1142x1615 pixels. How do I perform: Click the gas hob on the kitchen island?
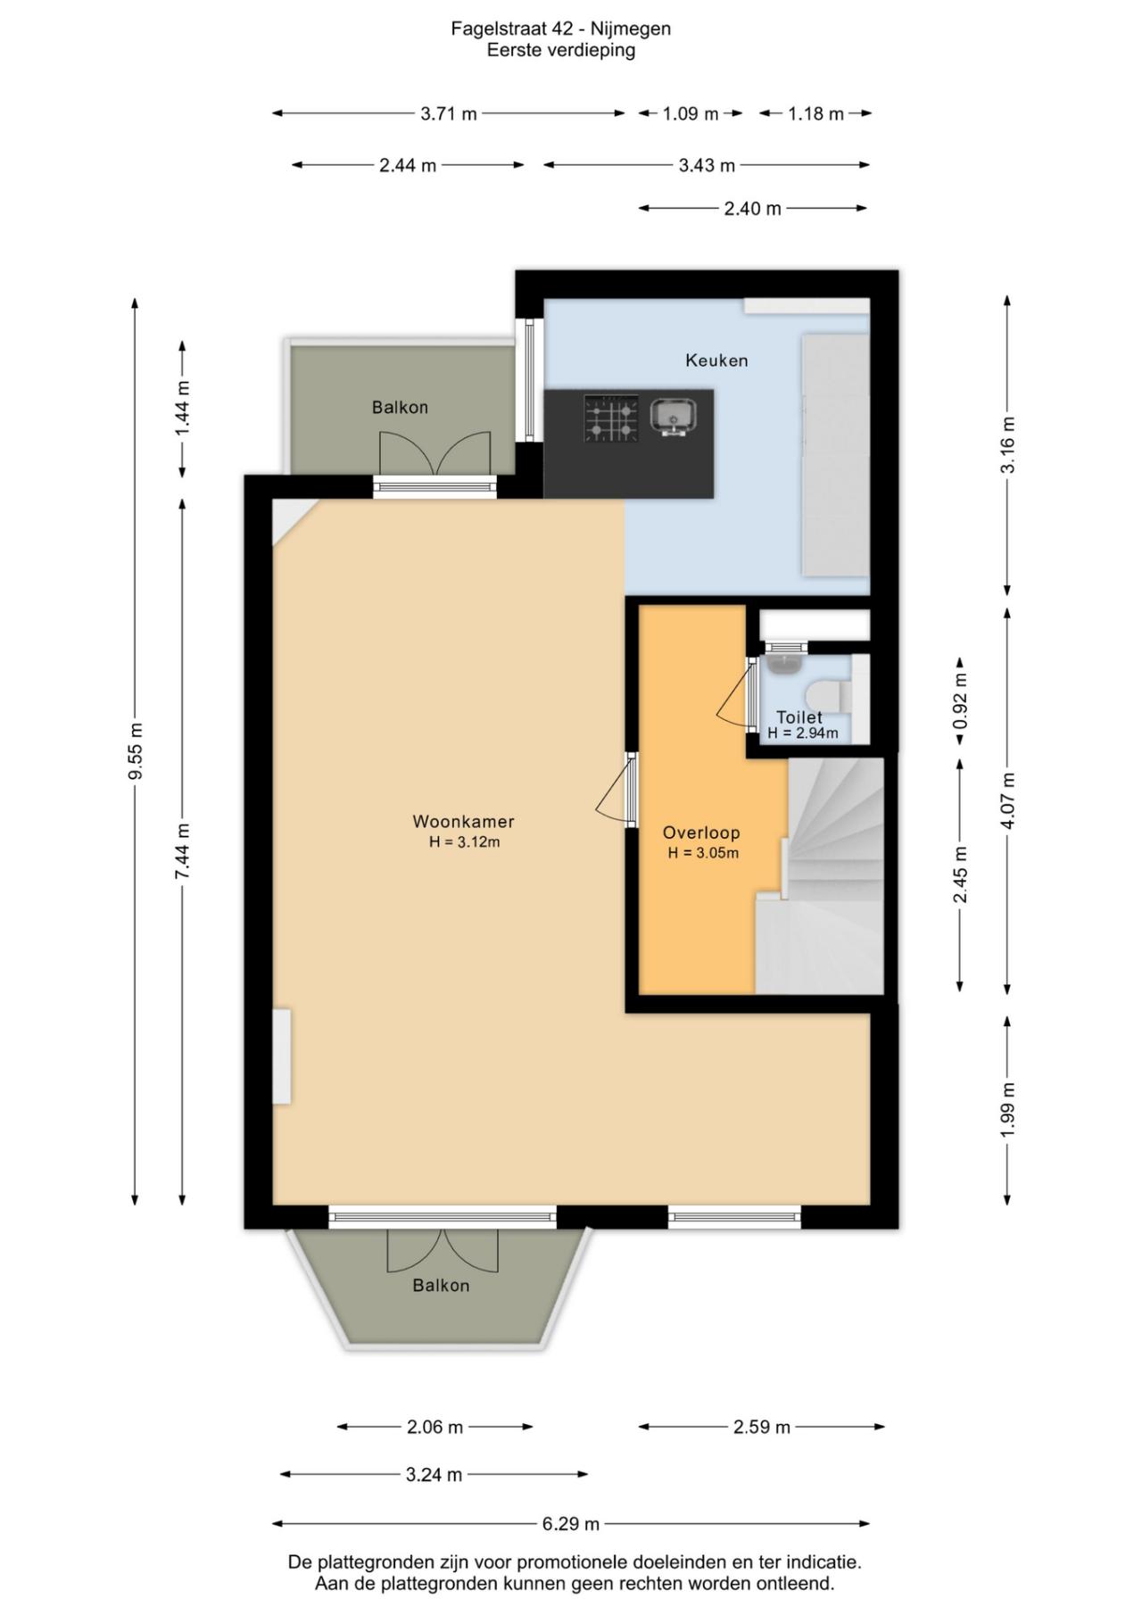tap(611, 418)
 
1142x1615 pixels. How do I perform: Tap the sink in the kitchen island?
tap(674, 416)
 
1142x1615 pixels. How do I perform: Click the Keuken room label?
tap(716, 360)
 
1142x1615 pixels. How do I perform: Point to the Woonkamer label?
tap(463, 822)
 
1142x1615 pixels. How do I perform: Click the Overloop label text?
tap(701, 833)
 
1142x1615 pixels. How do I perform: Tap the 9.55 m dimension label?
tap(136, 750)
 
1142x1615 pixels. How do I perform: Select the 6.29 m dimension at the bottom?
tap(570, 1524)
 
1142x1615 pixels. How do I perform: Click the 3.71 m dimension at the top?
tap(449, 113)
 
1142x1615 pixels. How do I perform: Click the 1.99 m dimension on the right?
tap(1008, 1109)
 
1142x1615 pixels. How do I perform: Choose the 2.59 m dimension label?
tap(762, 1427)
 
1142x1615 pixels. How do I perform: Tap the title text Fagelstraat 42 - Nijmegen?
tap(560, 29)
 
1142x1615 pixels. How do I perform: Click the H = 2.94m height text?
tap(803, 733)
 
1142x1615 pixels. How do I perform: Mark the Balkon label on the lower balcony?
tap(441, 1286)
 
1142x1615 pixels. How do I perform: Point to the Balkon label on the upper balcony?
tap(400, 408)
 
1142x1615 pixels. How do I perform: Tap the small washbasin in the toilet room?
tap(784, 664)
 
